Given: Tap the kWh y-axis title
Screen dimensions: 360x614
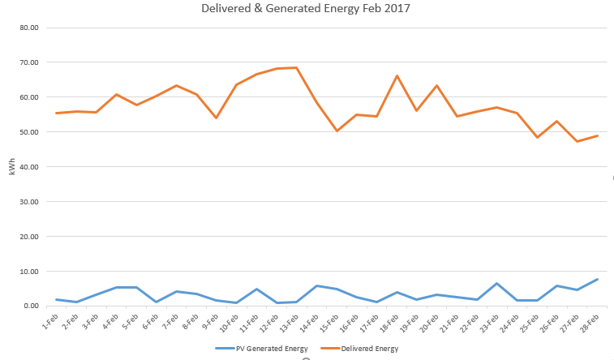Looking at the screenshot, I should coord(11,167).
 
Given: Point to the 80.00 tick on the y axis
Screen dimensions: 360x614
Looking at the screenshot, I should coord(29,28).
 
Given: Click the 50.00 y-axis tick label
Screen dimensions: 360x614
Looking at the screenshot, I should coord(29,132).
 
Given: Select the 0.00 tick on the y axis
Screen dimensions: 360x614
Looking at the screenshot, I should coord(31,306).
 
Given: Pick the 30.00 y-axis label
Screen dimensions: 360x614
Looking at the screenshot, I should coord(29,202).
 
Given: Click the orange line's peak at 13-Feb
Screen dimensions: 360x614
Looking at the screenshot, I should coord(297,67).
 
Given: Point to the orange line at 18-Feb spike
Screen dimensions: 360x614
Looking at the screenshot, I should coord(397,76).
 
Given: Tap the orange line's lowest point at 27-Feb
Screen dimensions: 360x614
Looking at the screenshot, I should coord(577,142).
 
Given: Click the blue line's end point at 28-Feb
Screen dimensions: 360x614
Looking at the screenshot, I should coord(597,280).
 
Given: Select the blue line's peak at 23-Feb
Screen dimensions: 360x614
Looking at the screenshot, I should coord(496,284).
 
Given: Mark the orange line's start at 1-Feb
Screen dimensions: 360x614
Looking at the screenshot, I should coord(57,113).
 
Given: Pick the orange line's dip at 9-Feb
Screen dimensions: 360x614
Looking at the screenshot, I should coord(217,118).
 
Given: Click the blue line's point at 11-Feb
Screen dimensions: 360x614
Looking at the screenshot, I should coord(256,289).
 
